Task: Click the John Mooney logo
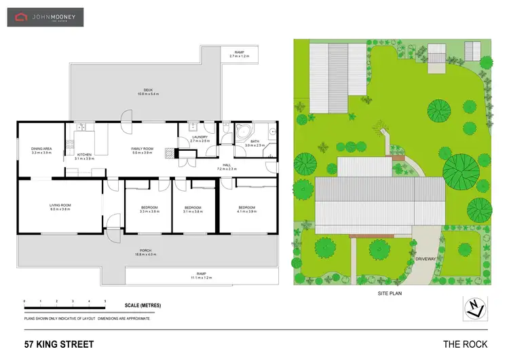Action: (45, 17)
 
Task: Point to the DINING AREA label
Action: (41, 149)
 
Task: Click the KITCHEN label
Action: (84, 154)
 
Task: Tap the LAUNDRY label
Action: (200, 138)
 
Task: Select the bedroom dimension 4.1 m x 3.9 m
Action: (245, 212)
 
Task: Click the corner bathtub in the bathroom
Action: (243, 132)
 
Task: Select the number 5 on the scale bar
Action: (105, 300)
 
